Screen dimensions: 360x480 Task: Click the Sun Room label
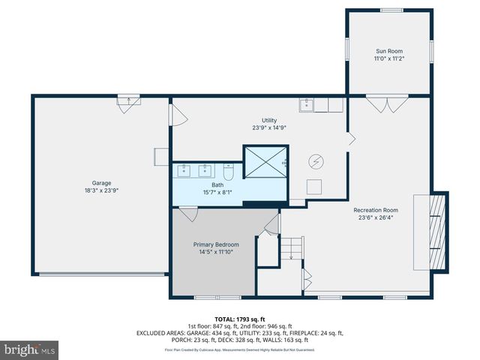pyautogui.click(x=388, y=51)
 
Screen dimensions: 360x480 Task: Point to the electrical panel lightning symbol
pyautogui.click(x=316, y=160)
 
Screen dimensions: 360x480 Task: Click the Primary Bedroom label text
pyautogui.click(x=216, y=244)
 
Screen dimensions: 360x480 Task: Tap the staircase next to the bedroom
pyautogui.click(x=291, y=248)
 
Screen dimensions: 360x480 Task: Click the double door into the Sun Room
pyautogui.click(x=392, y=103)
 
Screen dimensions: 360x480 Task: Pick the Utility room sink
pyautogui.click(x=307, y=105)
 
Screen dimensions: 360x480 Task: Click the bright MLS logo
pyautogui.click(x=30, y=349)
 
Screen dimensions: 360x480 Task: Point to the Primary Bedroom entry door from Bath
pyautogui.click(x=187, y=214)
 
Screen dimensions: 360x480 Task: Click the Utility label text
pyautogui.click(x=269, y=120)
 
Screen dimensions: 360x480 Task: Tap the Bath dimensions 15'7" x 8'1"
pyautogui.click(x=217, y=192)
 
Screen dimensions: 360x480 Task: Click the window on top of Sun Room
pyautogui.click(x=390, y=10)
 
